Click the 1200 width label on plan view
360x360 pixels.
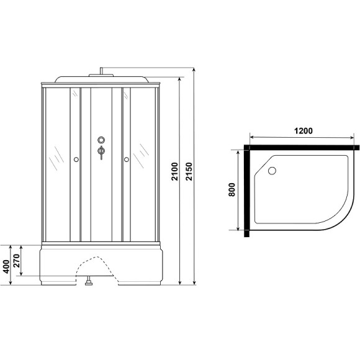click(x=302, y=132)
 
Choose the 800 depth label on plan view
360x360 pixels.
click(x=231, y=190)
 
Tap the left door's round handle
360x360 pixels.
click(x=75, y=161)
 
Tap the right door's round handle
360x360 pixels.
click(x=126, y=161)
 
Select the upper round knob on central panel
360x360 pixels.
click(x=101, y=140)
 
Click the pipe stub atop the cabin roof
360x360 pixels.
click(x=101, y=70)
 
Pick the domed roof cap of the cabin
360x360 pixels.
click(x=101, y=79)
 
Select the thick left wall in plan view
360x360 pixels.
click(x=247, y=192)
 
